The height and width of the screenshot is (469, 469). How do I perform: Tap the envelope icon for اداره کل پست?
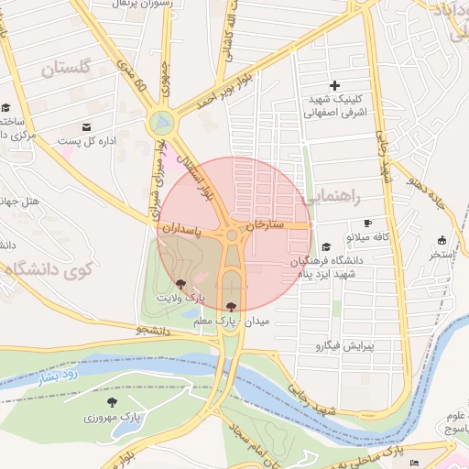(x=86, y=126)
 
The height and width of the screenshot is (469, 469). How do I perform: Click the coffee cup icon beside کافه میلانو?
(x=367, y=223)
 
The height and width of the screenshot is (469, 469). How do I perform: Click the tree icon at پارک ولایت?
(x=180, y=283)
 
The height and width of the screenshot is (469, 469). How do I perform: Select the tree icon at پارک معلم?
(x=229, y=307)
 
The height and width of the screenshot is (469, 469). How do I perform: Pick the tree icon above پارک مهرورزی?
(x=112, y=402)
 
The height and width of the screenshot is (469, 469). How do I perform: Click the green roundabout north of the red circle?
(x=162, y=122)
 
